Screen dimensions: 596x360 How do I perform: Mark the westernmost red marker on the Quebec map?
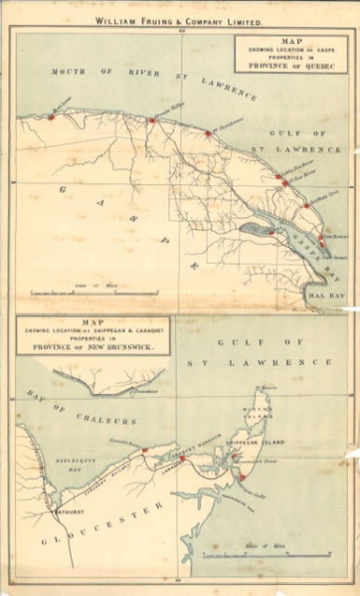[x=51, y=116]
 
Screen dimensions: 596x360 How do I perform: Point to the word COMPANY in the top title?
[x=209, y=20]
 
